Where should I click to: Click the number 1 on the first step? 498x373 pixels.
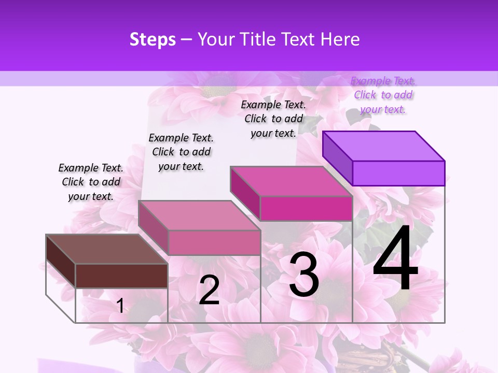coord(120,306)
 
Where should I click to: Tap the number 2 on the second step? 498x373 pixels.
coord(209,290)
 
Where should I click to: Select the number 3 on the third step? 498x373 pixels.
coord(304,275)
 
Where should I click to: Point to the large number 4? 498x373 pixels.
coord(395,259)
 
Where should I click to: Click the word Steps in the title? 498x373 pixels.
coord(153,39)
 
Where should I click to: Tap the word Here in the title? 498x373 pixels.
coord(340,39)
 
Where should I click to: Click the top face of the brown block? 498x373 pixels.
coord(106,249)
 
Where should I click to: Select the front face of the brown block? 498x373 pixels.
coord(121,276)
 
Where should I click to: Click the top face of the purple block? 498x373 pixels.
coord(384,146)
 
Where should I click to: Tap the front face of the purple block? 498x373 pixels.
coord(398,173)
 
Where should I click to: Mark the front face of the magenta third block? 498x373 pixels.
coord(306,208)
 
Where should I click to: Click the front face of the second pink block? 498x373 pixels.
coord(214,242)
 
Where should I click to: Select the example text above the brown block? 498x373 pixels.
coord(91,182)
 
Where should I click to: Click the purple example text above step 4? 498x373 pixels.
coord(383,95)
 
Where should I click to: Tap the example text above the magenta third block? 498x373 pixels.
coord(273,119)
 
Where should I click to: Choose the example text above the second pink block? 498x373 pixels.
coord(181,152)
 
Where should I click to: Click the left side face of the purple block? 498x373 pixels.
coord(337,155)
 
